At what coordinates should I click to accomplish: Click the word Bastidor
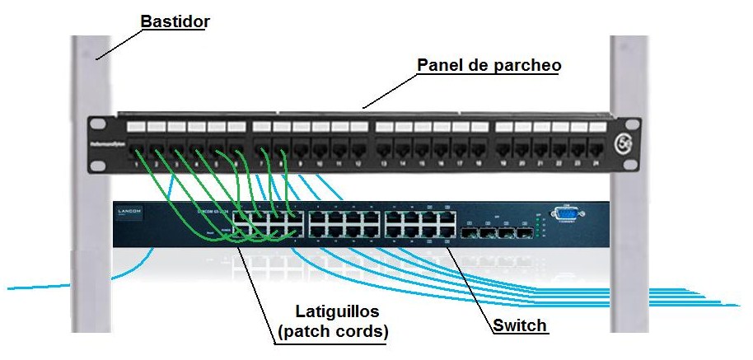175,21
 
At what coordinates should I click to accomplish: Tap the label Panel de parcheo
489,65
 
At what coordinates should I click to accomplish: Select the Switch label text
520,325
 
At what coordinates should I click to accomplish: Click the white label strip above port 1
136,128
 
